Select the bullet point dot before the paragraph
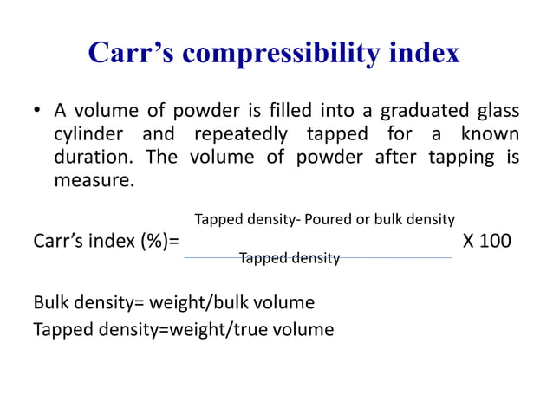[x=37, y=112]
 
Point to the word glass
[x=496, y=112]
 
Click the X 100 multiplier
[x=487, y=240]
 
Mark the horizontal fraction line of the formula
[x=316, y=257]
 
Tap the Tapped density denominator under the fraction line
[x=289, y=257]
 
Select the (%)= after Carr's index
[x=158, y=241]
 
